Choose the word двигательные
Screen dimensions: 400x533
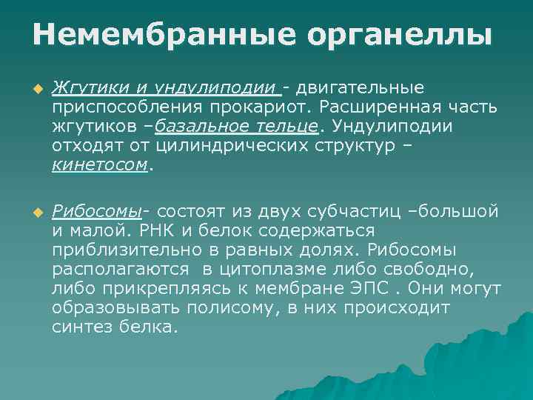(x=361, y=88)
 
